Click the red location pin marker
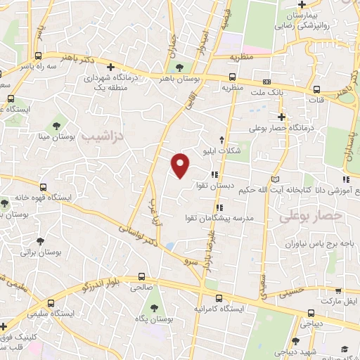181,165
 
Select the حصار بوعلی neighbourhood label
311,217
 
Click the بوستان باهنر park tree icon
179,67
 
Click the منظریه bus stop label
233,89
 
